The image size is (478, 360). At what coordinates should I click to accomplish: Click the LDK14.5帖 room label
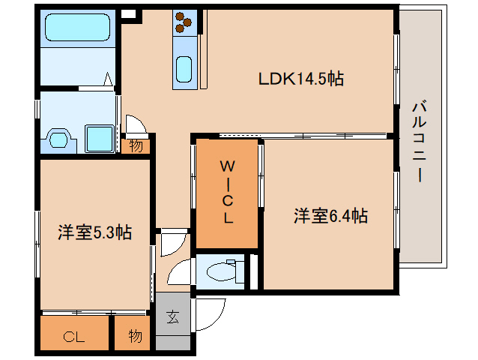coord(301,79)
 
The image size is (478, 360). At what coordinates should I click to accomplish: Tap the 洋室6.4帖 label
coord(330,217)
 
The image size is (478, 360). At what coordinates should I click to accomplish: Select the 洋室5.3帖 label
coord(94,233)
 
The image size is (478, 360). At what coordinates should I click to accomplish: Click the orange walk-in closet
coord(227,193)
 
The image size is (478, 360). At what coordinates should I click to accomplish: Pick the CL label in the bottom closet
coord(74,337)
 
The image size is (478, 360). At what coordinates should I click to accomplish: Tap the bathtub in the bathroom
coord(78,29)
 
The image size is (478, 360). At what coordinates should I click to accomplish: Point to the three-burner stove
coord(184,24)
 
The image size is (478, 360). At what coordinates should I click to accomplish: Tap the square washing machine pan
coord(98,138)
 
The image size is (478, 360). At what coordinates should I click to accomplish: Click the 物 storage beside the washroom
coord(136,145)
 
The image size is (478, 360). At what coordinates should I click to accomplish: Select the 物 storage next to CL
coord(134,336)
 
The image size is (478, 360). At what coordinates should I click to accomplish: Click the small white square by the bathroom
coord(128,13)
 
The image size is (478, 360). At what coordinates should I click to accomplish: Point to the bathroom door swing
coord(109,80)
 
